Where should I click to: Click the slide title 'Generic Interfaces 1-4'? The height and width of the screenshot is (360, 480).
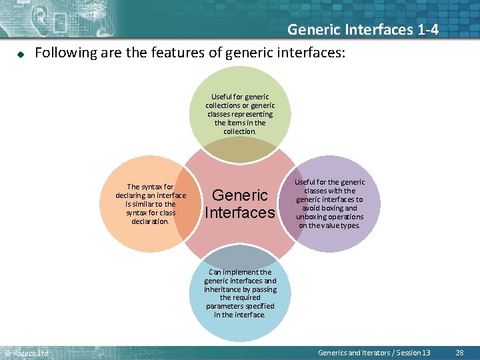point(363,29)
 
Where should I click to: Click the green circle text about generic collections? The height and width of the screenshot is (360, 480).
point(240,114)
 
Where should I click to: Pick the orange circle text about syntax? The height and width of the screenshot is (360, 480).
point(151,204)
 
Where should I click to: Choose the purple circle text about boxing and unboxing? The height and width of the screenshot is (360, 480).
point(329,204)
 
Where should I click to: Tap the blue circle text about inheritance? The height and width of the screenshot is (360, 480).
point(240,293)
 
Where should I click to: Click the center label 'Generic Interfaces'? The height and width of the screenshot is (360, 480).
point(240,204)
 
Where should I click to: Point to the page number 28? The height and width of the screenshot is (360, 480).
point(459,353)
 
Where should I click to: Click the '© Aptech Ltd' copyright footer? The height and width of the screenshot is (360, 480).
point(27,353)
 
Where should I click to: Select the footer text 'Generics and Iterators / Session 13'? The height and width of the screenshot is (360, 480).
point(374,353)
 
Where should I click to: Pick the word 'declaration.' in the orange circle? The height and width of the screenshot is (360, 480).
point(151,221)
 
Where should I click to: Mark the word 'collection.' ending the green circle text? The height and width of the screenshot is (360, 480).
point(240,131)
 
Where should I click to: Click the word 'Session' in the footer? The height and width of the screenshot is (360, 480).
point(407,353)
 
